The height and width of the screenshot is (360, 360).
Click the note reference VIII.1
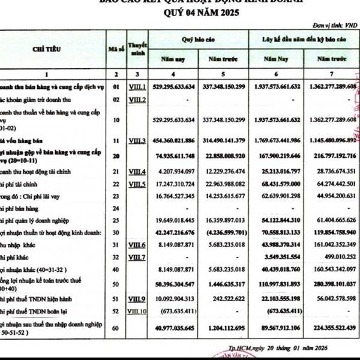coord(138,87)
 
